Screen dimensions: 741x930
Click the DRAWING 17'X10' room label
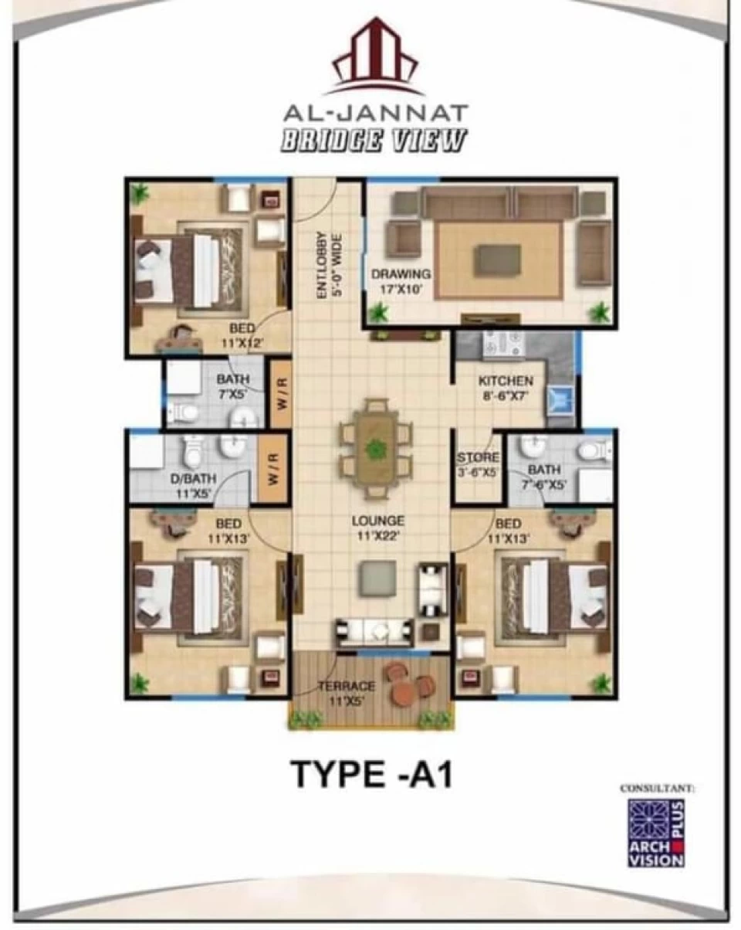point(401,281)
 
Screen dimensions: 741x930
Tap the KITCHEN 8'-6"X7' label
point(506,388)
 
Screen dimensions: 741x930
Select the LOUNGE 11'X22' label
point(378,528)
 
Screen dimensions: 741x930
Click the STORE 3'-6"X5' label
point(478,464)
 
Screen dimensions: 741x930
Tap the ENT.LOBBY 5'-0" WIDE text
point(329,266)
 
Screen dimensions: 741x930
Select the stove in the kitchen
point(504,344)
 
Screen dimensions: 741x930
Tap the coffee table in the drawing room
point(499,258)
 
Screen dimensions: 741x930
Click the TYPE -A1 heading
point(372,772)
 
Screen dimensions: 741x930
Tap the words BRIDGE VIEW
point(374,141)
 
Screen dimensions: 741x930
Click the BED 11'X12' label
point(242,335)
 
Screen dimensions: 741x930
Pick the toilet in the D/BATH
point(191,452)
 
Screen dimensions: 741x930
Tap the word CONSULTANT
point(657,788)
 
